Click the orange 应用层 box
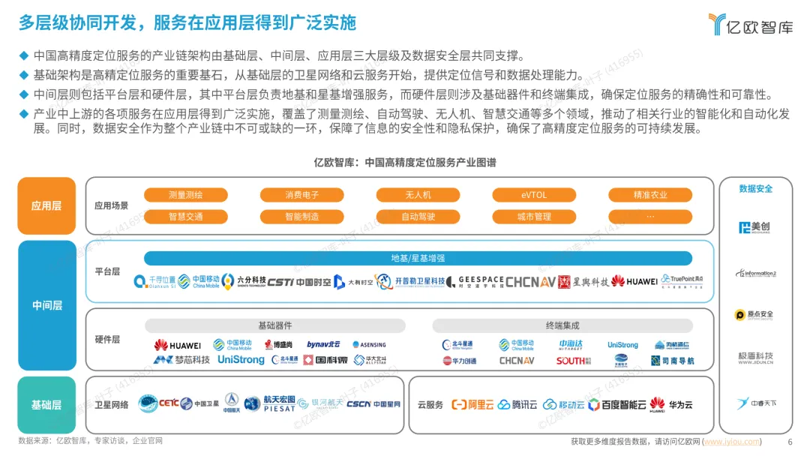point(46,205)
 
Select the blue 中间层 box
point(46,305)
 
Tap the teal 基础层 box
point(46,405)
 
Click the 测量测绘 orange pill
point(186,195)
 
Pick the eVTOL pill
point(534,195)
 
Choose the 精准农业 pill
point(649,195)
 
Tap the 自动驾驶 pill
point(418,217)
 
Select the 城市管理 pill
point(534,217)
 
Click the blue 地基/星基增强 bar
point(418,258)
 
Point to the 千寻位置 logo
point(155,281)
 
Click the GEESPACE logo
point(480,281)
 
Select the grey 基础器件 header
point(274,325)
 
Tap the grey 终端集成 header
point(562,325)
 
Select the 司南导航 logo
point(673,361)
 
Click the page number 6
point(790,442)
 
